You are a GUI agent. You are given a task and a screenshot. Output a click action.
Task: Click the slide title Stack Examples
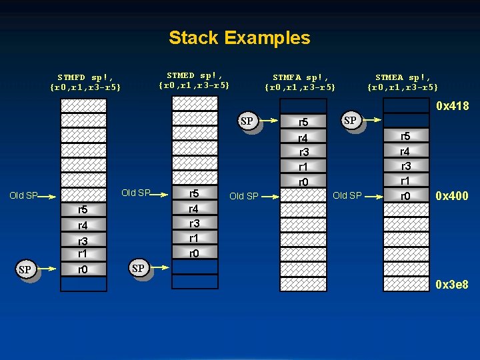(239, 38)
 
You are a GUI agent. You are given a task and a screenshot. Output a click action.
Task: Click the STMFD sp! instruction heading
(85, 82)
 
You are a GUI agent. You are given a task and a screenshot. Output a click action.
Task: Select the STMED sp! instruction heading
(194, 80)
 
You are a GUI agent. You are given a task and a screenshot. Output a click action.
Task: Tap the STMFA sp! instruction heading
(300, 82)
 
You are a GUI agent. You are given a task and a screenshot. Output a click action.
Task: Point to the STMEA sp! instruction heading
(403, 82)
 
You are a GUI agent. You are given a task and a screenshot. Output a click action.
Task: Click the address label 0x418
(452, 106)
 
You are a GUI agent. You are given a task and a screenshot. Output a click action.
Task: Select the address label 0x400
(452, 196)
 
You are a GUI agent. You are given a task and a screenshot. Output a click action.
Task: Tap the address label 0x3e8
(452, 285)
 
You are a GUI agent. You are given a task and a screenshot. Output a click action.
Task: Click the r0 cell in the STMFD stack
(83, 269)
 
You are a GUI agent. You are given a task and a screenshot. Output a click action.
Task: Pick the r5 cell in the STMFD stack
(83, 210)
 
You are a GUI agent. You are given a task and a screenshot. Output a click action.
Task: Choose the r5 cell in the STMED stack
(195, 194)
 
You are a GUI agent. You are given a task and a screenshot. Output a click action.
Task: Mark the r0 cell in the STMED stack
(195, 253)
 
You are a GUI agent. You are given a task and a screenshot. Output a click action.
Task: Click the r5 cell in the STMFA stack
(303, 122)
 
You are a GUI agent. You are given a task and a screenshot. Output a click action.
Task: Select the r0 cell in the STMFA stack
(303, 181)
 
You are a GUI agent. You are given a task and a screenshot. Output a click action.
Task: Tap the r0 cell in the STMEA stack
(405, 196)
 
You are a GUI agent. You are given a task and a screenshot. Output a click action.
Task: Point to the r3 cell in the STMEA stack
(405, 166)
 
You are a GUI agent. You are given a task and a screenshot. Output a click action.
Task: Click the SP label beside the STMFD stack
(25, 270)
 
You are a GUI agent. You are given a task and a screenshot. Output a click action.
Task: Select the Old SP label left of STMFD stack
(23, 196)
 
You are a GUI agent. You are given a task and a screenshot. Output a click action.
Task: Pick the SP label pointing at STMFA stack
(247, 121)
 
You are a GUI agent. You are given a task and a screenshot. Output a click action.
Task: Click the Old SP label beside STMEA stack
(347, 195)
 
